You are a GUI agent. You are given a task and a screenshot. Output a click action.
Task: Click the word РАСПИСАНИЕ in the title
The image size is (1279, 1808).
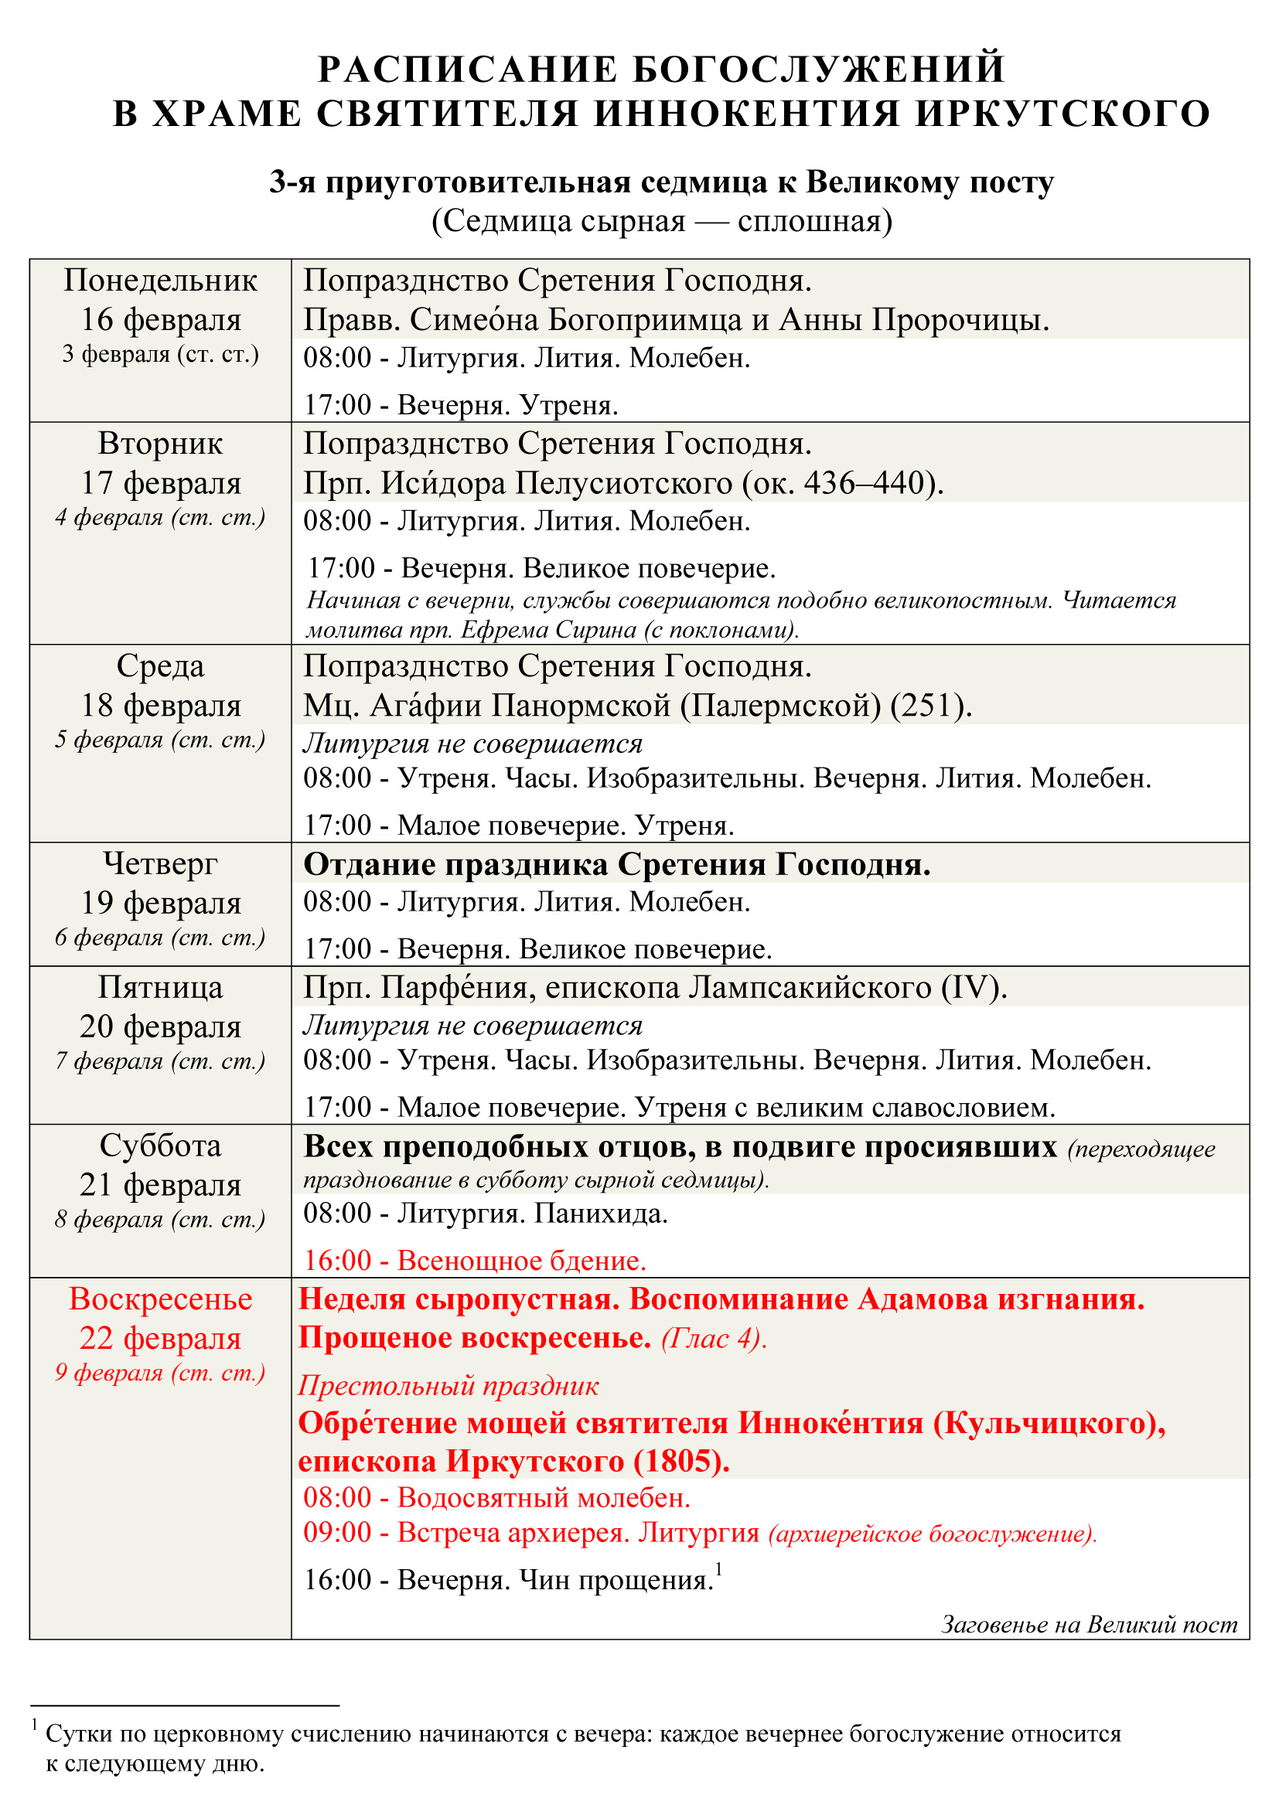coord(468,70)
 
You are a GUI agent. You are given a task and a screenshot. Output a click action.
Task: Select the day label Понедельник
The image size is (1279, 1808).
coord(160,281)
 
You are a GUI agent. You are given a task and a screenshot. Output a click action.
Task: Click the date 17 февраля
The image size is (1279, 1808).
coord(160,482)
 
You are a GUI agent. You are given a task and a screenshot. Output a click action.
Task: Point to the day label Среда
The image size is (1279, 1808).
coord(160,666)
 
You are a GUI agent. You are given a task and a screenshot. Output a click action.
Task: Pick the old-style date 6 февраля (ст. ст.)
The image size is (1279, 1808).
coord(160,938)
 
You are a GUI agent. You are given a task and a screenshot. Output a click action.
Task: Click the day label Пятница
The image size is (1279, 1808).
coord(160,987)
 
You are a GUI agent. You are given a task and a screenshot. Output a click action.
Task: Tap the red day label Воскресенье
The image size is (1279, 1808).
coord(160,1299)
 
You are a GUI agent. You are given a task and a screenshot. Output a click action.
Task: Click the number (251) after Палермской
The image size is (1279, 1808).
coord(930,706)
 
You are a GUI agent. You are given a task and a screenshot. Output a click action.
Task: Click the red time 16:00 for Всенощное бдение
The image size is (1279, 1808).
coord(337,1261)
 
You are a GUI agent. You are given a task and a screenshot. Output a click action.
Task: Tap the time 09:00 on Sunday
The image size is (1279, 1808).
coord(337,1532)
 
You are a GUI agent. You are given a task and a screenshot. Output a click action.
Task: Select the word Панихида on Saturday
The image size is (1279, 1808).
coord(600,1214)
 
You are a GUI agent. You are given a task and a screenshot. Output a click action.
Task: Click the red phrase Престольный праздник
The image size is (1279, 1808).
coord(449,1385)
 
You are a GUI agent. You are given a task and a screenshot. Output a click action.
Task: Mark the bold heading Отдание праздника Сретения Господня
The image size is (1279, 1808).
coord(616,865)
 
